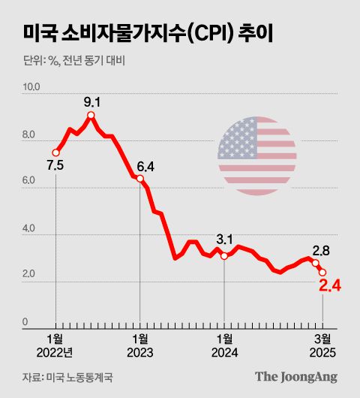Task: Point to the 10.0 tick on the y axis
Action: [31, 89]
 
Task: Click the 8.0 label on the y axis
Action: [31, 136]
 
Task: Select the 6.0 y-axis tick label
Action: [31, 182]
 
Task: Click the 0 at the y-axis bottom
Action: [25, 323]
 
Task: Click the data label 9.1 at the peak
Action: [91, 101]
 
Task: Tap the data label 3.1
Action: [224, 240]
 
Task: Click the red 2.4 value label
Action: [330, 286]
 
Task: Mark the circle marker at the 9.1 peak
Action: [91, 115]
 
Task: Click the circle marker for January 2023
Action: [140, 179]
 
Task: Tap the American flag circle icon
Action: [257, 156]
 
